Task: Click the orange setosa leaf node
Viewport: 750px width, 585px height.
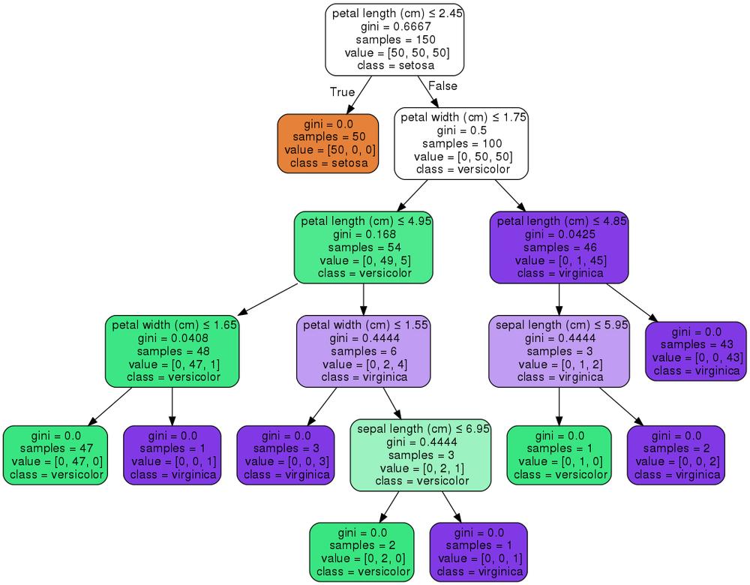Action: [328, 143]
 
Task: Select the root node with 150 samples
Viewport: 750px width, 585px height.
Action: [394, 39]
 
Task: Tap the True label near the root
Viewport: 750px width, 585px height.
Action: [342, 91]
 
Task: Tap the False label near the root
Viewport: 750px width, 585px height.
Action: [442, 85]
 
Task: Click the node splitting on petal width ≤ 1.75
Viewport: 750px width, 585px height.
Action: [461, 143]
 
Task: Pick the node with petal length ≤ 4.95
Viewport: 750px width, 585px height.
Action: [364, 247]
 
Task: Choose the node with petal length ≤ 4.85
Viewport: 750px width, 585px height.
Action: [559, 247]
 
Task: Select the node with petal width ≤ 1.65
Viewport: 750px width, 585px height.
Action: [172, 351]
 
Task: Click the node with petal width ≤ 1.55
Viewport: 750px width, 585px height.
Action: [364, 351]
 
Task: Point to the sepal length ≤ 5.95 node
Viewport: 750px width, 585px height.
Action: [559, 351]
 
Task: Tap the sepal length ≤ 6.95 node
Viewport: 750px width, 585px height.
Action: [421, 455]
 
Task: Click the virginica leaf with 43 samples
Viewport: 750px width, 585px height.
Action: [696, 351]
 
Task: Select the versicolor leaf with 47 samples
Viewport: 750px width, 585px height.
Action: [55, 455]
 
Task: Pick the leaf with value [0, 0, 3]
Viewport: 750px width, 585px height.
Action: [286, 455]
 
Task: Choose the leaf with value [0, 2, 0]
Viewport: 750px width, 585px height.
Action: [362, 552]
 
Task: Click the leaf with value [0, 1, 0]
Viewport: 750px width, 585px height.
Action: [559, 455]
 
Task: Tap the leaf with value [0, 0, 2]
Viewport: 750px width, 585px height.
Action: [676, 455]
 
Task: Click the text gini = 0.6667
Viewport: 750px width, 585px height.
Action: [396, 26]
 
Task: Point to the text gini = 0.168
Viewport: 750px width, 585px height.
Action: [364, 235]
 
